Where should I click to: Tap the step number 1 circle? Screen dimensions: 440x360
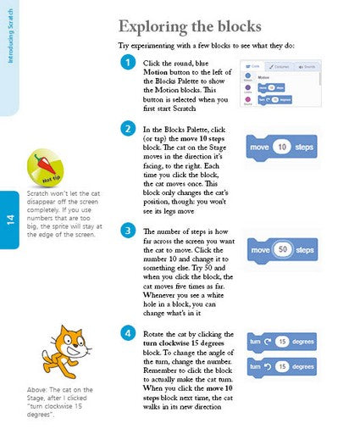pos(127,63)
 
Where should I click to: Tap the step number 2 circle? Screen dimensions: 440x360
pos(127,129)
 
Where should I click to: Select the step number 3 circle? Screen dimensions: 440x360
pos(127,231)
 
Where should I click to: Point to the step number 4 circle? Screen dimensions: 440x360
pos(127,333)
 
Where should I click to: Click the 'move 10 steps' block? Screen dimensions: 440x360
pos(281,148)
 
